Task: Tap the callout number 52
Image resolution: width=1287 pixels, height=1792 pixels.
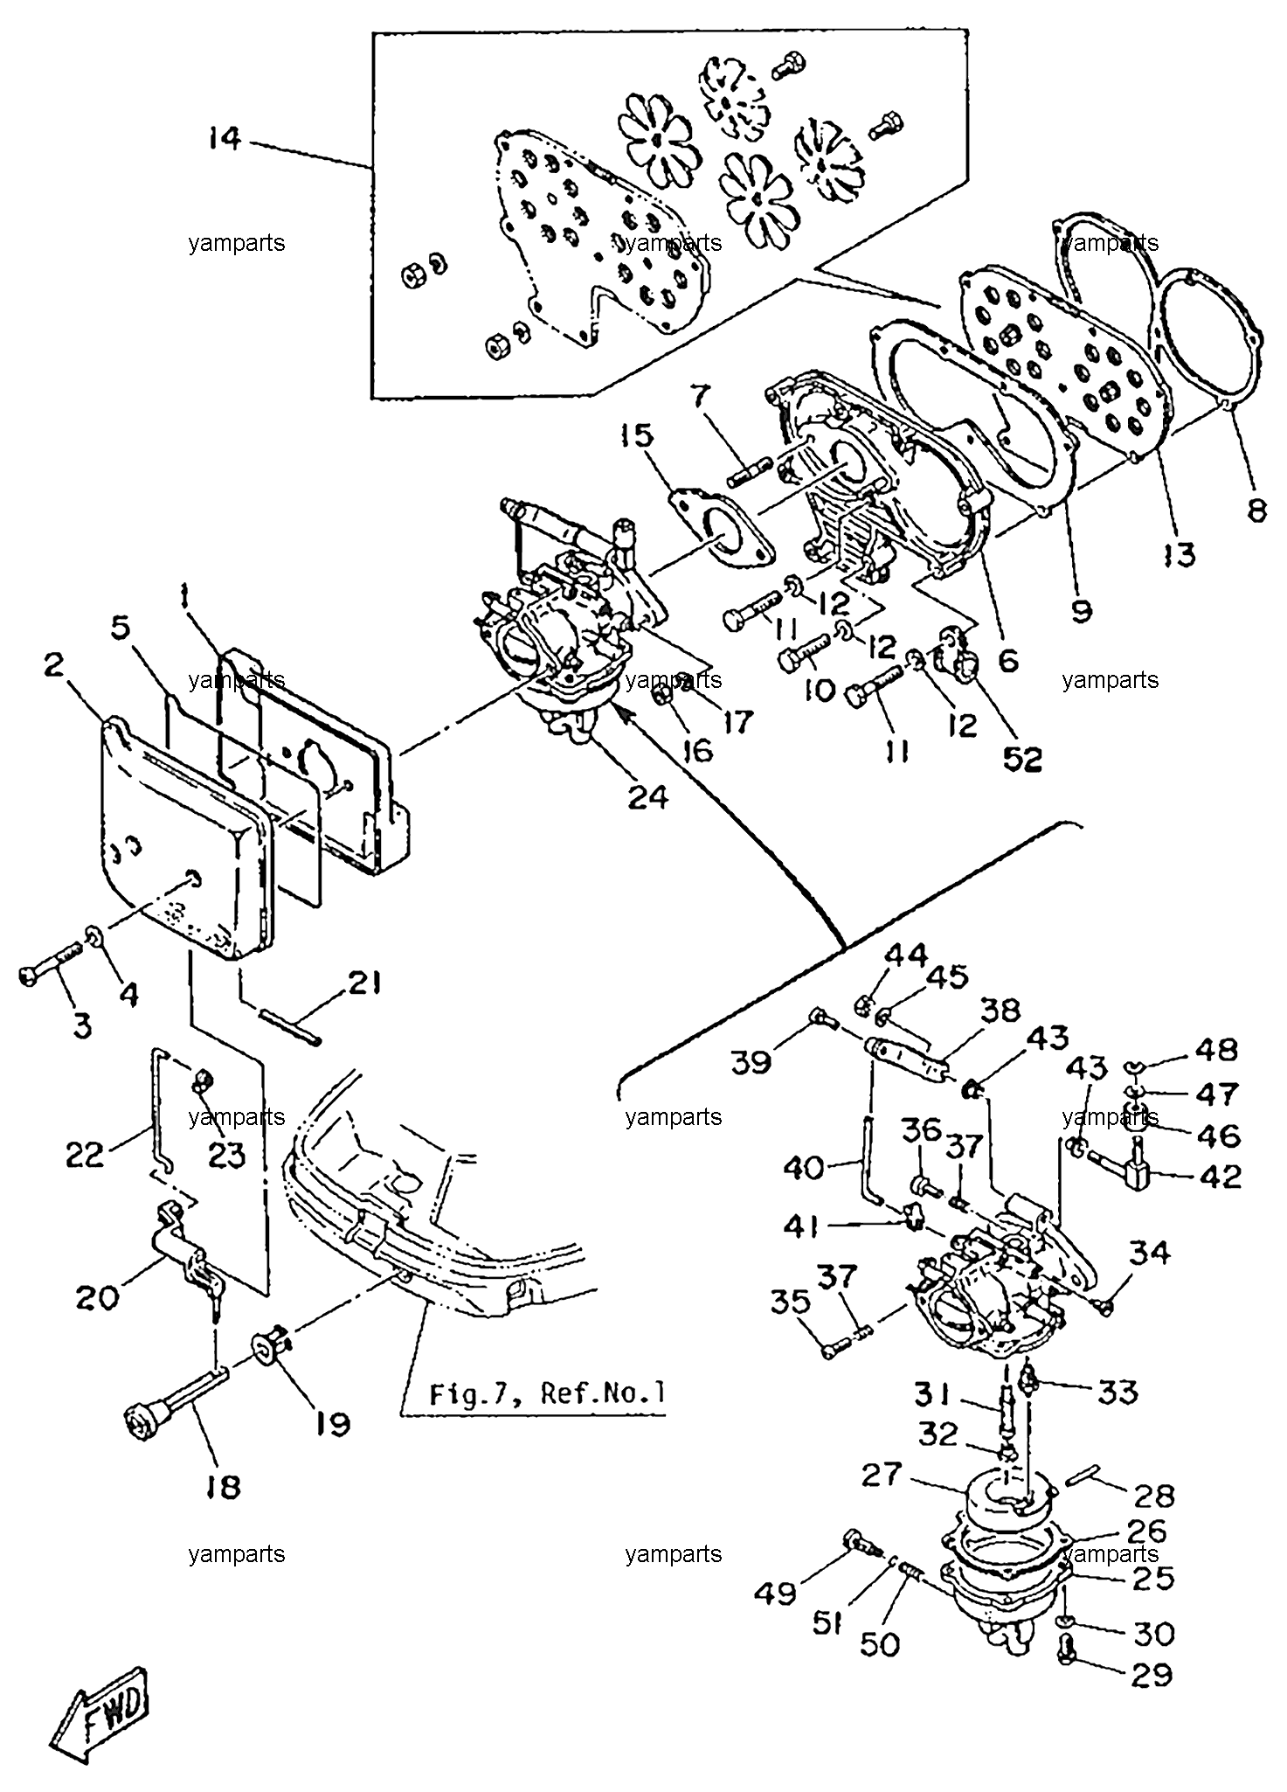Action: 1022,760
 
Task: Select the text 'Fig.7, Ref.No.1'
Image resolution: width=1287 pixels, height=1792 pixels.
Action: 547,1393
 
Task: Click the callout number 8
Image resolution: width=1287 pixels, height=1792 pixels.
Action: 1256,510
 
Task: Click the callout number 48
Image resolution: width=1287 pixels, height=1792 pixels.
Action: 1216,1050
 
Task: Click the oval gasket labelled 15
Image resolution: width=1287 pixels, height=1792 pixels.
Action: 722,534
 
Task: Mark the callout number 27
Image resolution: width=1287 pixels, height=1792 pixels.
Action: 880,1475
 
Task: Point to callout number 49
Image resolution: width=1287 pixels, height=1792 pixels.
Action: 776,1592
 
